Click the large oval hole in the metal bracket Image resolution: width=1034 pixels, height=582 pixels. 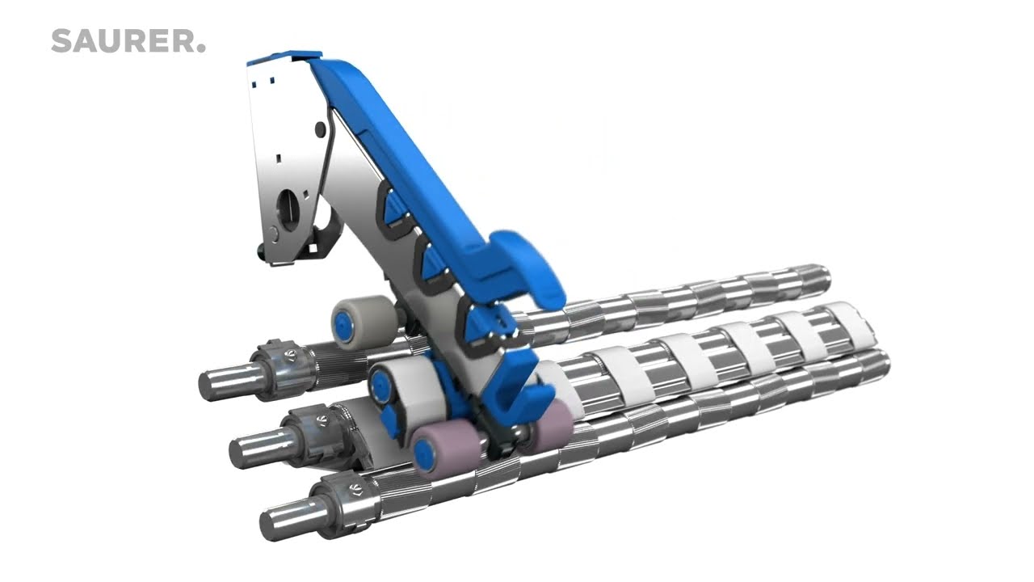(x=288, y=210)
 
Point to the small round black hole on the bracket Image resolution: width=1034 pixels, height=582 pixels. (x=320, y=129)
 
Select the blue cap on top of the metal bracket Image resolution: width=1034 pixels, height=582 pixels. (x=284, y=57)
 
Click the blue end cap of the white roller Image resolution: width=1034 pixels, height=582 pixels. (x=380, y=384)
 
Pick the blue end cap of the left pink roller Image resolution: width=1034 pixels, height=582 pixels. (x=422, y=454)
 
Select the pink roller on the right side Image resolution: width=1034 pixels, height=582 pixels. (x=549, y=428)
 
